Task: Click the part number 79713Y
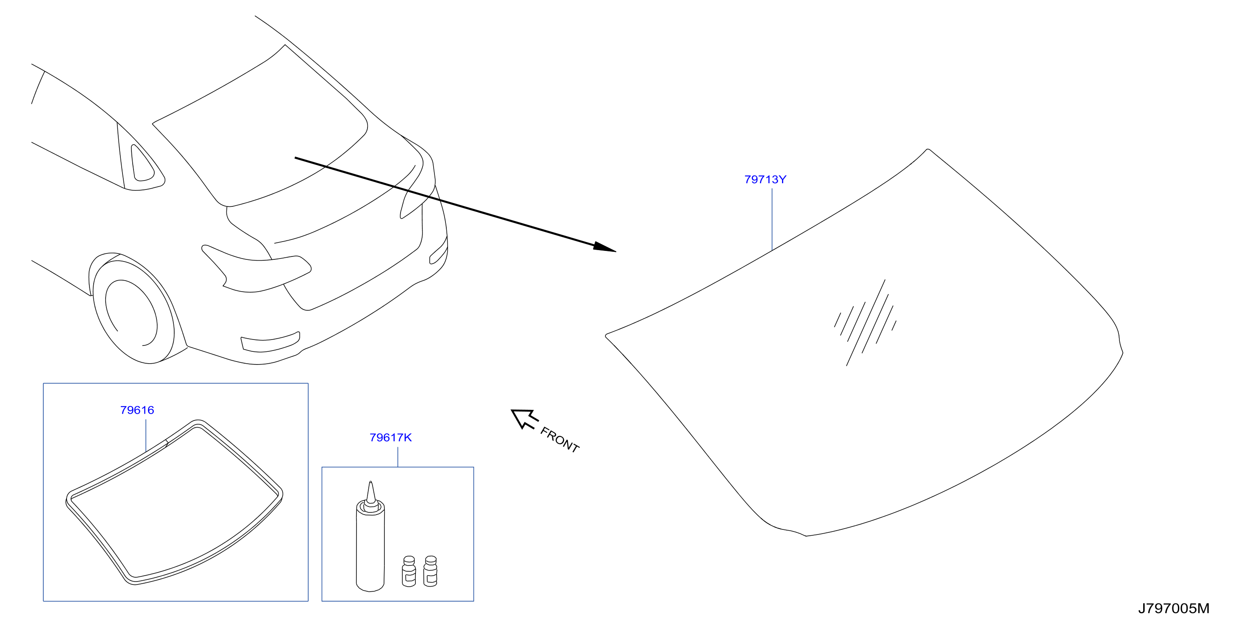765,180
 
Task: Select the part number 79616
137,410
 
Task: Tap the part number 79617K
391,437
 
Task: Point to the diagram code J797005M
1174,609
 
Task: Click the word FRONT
559,440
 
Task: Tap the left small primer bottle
409,571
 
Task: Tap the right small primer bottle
430,571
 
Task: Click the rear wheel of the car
133,311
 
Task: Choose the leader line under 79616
146,436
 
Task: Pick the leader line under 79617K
398,457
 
